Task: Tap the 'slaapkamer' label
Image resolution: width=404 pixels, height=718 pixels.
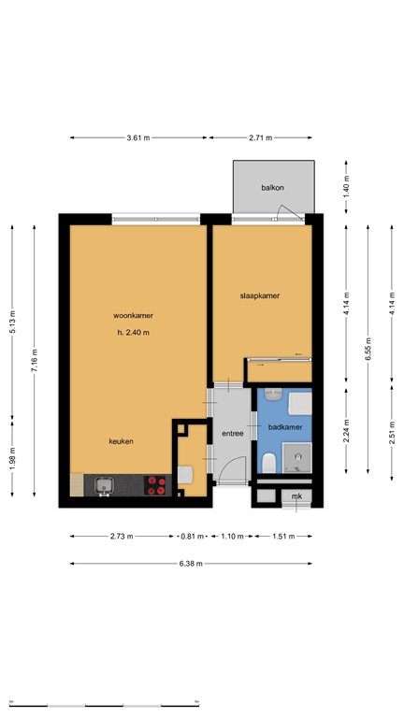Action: pyautogui.click(x=260, y=295)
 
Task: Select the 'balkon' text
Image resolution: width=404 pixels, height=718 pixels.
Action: pyautogui.click(x=272, y=188)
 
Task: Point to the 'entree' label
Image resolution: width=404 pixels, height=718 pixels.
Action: pyautogui.click(x=232, y=434)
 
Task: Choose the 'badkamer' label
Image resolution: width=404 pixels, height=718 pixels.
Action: pyautogui.click(x=284, y=427)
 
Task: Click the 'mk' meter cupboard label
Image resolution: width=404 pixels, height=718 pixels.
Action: pyautogui.click(x=296, y=495)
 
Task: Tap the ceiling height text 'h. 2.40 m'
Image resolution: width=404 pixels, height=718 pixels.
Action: pyautogui.click(x=133, y=333)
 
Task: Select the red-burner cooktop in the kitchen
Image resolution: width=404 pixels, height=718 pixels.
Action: pyautogui.click(x=157, y=485)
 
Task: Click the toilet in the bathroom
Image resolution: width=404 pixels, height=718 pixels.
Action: pyautogui.click(x=269, y=462)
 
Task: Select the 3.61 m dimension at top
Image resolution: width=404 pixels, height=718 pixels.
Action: pyautogui.click(x=138, y=137)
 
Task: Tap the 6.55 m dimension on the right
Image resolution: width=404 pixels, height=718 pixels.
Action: pyautogui.click(x=368, y=360)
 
